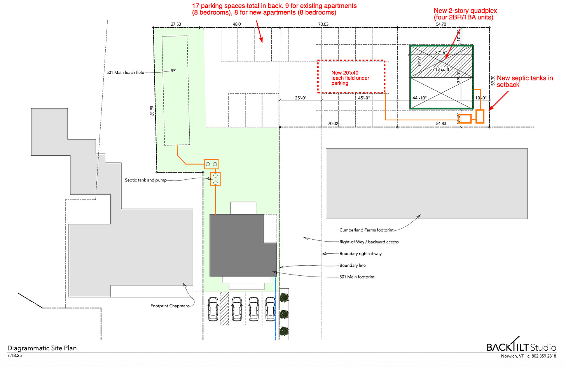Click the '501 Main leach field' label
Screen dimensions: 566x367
pyautogui.click(x=125, y=73)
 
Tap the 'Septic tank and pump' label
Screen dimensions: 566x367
pyautogui.click(x=146, y=180)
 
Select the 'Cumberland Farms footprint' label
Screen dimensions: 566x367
pyautogui.click(x=366, y=230)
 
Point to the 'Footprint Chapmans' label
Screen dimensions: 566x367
pyautogui.click(x=170, y=306)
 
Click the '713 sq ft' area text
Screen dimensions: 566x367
pyautogui.click(x=441, y=69)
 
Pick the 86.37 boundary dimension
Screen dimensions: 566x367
pyautogui.click(x=151, y=111)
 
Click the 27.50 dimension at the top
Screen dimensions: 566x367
pyautogui.click(x=176, y=24)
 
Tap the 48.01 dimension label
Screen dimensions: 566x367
pyautogui.click(x=238, y=24)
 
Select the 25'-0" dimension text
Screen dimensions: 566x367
pyautogui.click(x=301, y=98)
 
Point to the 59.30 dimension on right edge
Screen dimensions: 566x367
pyautogui.click(x=493, y=80)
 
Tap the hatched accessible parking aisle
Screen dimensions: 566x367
pyautogui.click(x=224, y=308)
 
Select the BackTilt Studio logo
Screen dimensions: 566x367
pyautogui.click(x=521, y=344)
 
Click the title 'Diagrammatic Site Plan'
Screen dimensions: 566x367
pyautogui.click(x=42, y=348)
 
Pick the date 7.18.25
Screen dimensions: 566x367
pyautogui.click(x=14, y=356)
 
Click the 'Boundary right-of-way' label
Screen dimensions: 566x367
pyautogui.click(x=361, y=254)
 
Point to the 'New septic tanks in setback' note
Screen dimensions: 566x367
pyautogui.click(x=525, y=81)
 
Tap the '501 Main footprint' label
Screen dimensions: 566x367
pyautogui.click(x=357, y=277)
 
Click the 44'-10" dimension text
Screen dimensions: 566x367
pyautogui.click(x=419, y=98)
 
